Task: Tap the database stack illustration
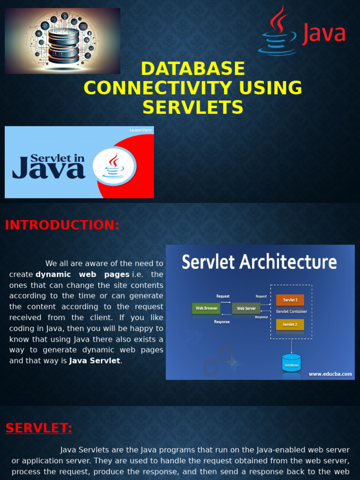[63, 45]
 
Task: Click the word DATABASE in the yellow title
[193, 69]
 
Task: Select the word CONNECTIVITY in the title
[193, 88]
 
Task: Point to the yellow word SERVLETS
[193, 107]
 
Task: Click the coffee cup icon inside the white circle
[114, 166]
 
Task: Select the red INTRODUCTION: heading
[62, 225]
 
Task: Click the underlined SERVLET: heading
[39, 428]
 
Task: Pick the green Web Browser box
[206, 308]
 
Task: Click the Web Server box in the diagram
[246, 308]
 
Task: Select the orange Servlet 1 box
[290, 300]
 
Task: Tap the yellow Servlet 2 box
[290, 324]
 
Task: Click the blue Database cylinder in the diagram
[291, 363]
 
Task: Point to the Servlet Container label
[291, 311]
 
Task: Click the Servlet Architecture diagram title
[259, 262]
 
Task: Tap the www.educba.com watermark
[330, 374]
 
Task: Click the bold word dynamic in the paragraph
[53, 274]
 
